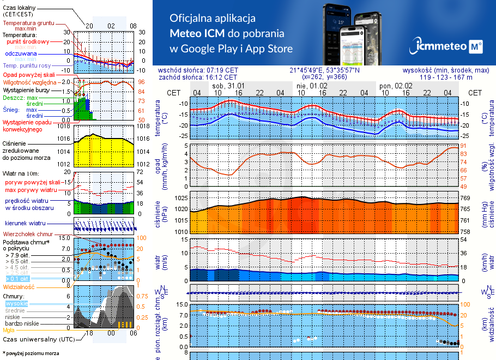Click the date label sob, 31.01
[x=228, y=86]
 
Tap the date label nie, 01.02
[x=312, y=86]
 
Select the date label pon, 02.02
[x=395, y=86]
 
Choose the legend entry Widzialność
[x=19, y=286]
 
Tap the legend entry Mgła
[x=9, y=330]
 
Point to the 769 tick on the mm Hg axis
[x=468, y=197]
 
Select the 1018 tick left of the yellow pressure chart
[x=64, y=126]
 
